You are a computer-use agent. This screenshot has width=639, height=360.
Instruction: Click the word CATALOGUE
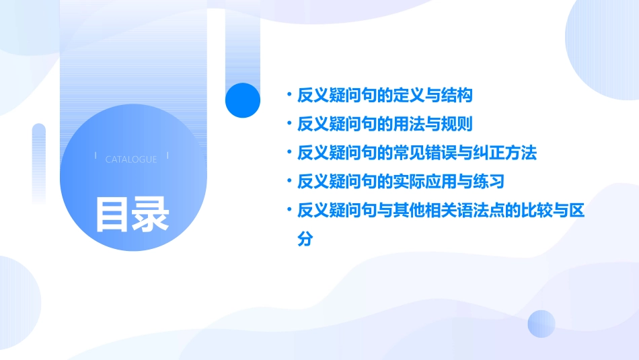131,159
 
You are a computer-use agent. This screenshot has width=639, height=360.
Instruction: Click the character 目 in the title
112,214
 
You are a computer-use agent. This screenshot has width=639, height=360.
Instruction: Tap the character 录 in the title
151,214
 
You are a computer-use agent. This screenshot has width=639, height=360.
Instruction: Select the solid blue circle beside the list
242,100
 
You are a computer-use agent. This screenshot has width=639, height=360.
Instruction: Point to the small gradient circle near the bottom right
541,324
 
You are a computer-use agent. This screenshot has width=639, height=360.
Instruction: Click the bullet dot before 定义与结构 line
288,95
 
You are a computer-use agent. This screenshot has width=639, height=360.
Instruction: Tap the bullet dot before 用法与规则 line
288,124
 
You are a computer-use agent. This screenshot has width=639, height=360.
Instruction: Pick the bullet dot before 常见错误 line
288,153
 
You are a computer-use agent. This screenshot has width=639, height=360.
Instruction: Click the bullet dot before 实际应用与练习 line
288,182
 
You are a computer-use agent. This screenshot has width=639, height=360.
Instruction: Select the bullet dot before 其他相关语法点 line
288,211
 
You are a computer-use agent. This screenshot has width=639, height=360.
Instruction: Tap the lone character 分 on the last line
305,239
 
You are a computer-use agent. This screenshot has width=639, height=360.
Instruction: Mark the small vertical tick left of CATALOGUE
96,155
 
